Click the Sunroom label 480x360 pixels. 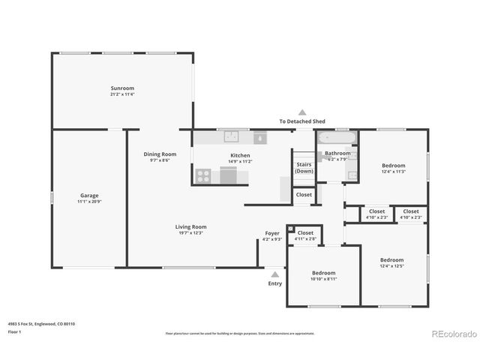122,88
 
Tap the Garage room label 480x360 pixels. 89,195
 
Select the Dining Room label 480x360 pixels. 160,154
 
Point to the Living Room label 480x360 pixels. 190,226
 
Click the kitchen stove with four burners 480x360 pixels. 203,176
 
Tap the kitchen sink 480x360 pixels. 232,137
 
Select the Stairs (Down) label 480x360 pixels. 304,166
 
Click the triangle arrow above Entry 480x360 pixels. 275,274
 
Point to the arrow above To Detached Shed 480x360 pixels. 302,111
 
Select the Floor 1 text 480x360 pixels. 14,331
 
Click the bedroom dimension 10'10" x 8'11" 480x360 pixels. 323,278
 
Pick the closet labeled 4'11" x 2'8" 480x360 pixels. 305,238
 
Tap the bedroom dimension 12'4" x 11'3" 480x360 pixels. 393,171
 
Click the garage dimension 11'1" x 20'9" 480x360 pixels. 89,201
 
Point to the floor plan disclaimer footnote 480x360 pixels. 240,333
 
